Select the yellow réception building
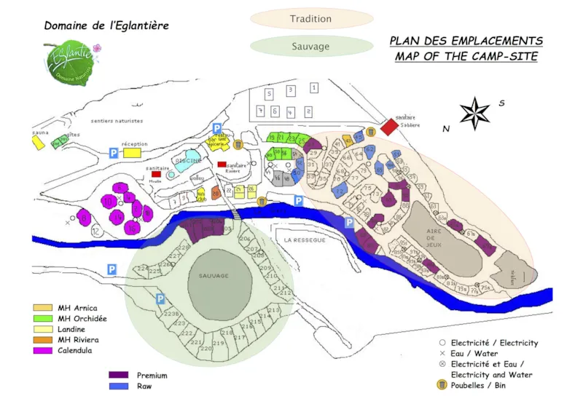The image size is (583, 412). [x=132, y=153]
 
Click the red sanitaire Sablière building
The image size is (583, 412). [x=389, y=127]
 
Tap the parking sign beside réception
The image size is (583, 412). [x=113, y=153]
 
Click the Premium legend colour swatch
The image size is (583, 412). [x=118, y=376]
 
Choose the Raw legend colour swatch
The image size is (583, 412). [x=118, y=387]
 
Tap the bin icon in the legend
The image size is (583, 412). [x=441, y=385]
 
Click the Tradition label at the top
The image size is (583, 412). [x=311, y=19]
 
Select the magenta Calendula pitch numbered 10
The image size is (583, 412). [x=108, y=201]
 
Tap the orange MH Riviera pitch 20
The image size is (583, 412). [x=216, y=193]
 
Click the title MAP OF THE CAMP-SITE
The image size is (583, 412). [x=466, y=57]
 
